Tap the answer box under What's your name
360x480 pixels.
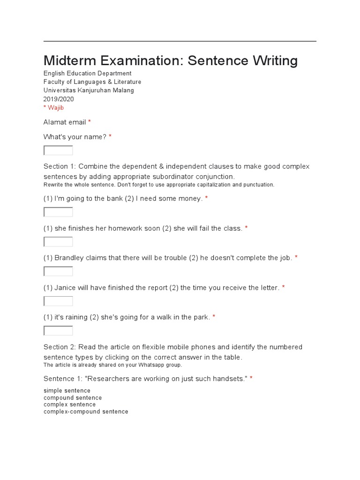[58, 150]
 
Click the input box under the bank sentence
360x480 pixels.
[58, 212]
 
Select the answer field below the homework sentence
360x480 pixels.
[58, 242]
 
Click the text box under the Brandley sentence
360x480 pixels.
[58, 271]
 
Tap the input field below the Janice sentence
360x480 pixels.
[58, 301]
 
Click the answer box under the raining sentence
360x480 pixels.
[58, 331]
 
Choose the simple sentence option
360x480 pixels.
[67, 390]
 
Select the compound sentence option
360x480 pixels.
[73, 397]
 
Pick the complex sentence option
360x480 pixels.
[69, 405]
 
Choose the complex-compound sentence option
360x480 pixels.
[86, 412]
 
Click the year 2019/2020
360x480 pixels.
[59, 99]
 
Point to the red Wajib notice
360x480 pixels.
[54, 108]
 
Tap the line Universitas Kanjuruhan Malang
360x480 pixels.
[89, 90]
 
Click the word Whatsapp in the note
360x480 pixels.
[137, 365]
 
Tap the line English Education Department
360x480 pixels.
[87, 74]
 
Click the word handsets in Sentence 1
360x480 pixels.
[229, 378]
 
